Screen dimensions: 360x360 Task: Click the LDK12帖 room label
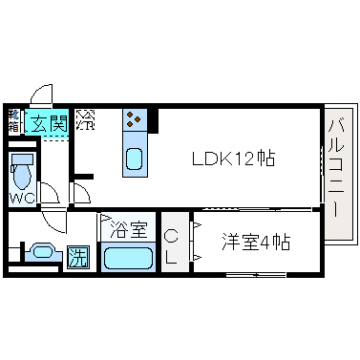[x=235, y=159]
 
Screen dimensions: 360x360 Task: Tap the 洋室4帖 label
[x=256, y=243]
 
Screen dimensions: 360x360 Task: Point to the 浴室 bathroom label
[x=128, y=230]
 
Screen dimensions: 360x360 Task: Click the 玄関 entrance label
[x=45, y=121]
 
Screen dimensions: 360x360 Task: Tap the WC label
[x=23, y=198]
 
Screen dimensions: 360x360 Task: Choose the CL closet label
[x=173, y=245]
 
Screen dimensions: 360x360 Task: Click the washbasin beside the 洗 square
[x=42, y=253]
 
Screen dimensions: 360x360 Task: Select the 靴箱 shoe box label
[x=13, y=120]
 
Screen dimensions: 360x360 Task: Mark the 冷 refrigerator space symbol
[x=85, y=121]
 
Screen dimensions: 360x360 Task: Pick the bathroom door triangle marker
[x=105, y=219]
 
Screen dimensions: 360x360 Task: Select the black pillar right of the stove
[x=153, y=121]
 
